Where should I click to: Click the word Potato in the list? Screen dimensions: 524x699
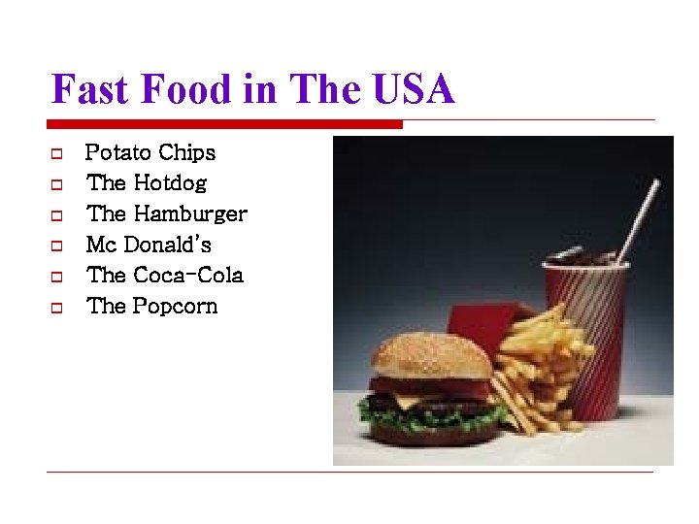click(x=118, y=153)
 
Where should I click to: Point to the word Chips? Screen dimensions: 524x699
click(x=186, y=153)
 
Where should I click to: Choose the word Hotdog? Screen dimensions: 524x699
click(x=170, y=183)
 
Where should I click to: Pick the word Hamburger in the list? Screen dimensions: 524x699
click(x=190, y=214)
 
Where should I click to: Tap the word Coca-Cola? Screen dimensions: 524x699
click(x=188, y=276)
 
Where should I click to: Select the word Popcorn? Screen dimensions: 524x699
click(x=176, y=307)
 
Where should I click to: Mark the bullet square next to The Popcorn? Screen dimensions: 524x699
click(x=56, y=308)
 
